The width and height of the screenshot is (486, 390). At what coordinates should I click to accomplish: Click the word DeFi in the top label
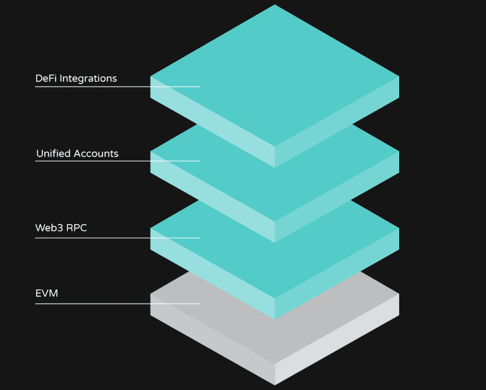(x=46, y=78)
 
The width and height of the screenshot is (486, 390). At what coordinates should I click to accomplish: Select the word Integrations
(x=88, y=79)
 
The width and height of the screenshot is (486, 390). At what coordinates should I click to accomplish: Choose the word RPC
(x=76, y=228)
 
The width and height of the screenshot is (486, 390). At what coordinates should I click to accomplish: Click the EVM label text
(x=47, y=293)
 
